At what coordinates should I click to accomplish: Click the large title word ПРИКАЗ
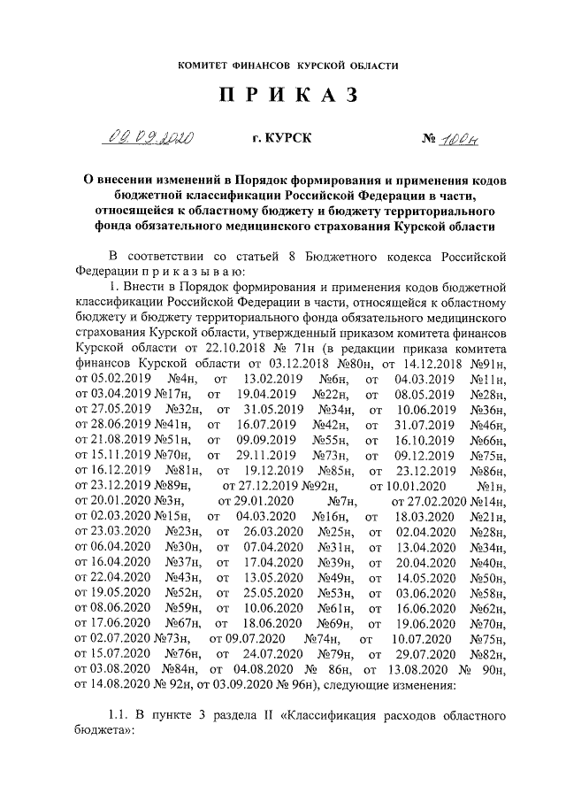[283, 96]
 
